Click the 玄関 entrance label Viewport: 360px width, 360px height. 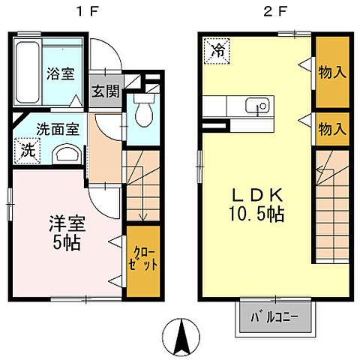point(104,92)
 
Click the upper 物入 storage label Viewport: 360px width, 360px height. point(331,72)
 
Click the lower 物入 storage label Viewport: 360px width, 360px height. point(331,128)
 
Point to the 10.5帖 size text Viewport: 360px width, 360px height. point(256,214)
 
